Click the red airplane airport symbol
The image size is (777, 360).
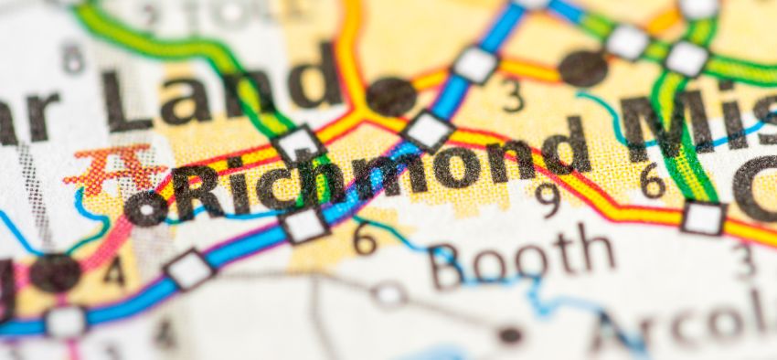click(x=114, y=169)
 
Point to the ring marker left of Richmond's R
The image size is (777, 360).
click(x=146, y=208)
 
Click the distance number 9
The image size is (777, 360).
click(x=547, y=195)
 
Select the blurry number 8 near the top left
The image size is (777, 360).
click(x=73, y=59)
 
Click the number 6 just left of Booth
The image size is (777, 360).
click(x=365, y=239)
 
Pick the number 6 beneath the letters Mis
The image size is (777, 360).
click(x=652, y=180)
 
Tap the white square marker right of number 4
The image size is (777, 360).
click(x=189, y=270)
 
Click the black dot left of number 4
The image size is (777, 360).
click(x=55, y=272)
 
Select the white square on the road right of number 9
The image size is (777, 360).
click(x=702, y=217)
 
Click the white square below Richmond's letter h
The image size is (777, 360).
click(x=304, y=225)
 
